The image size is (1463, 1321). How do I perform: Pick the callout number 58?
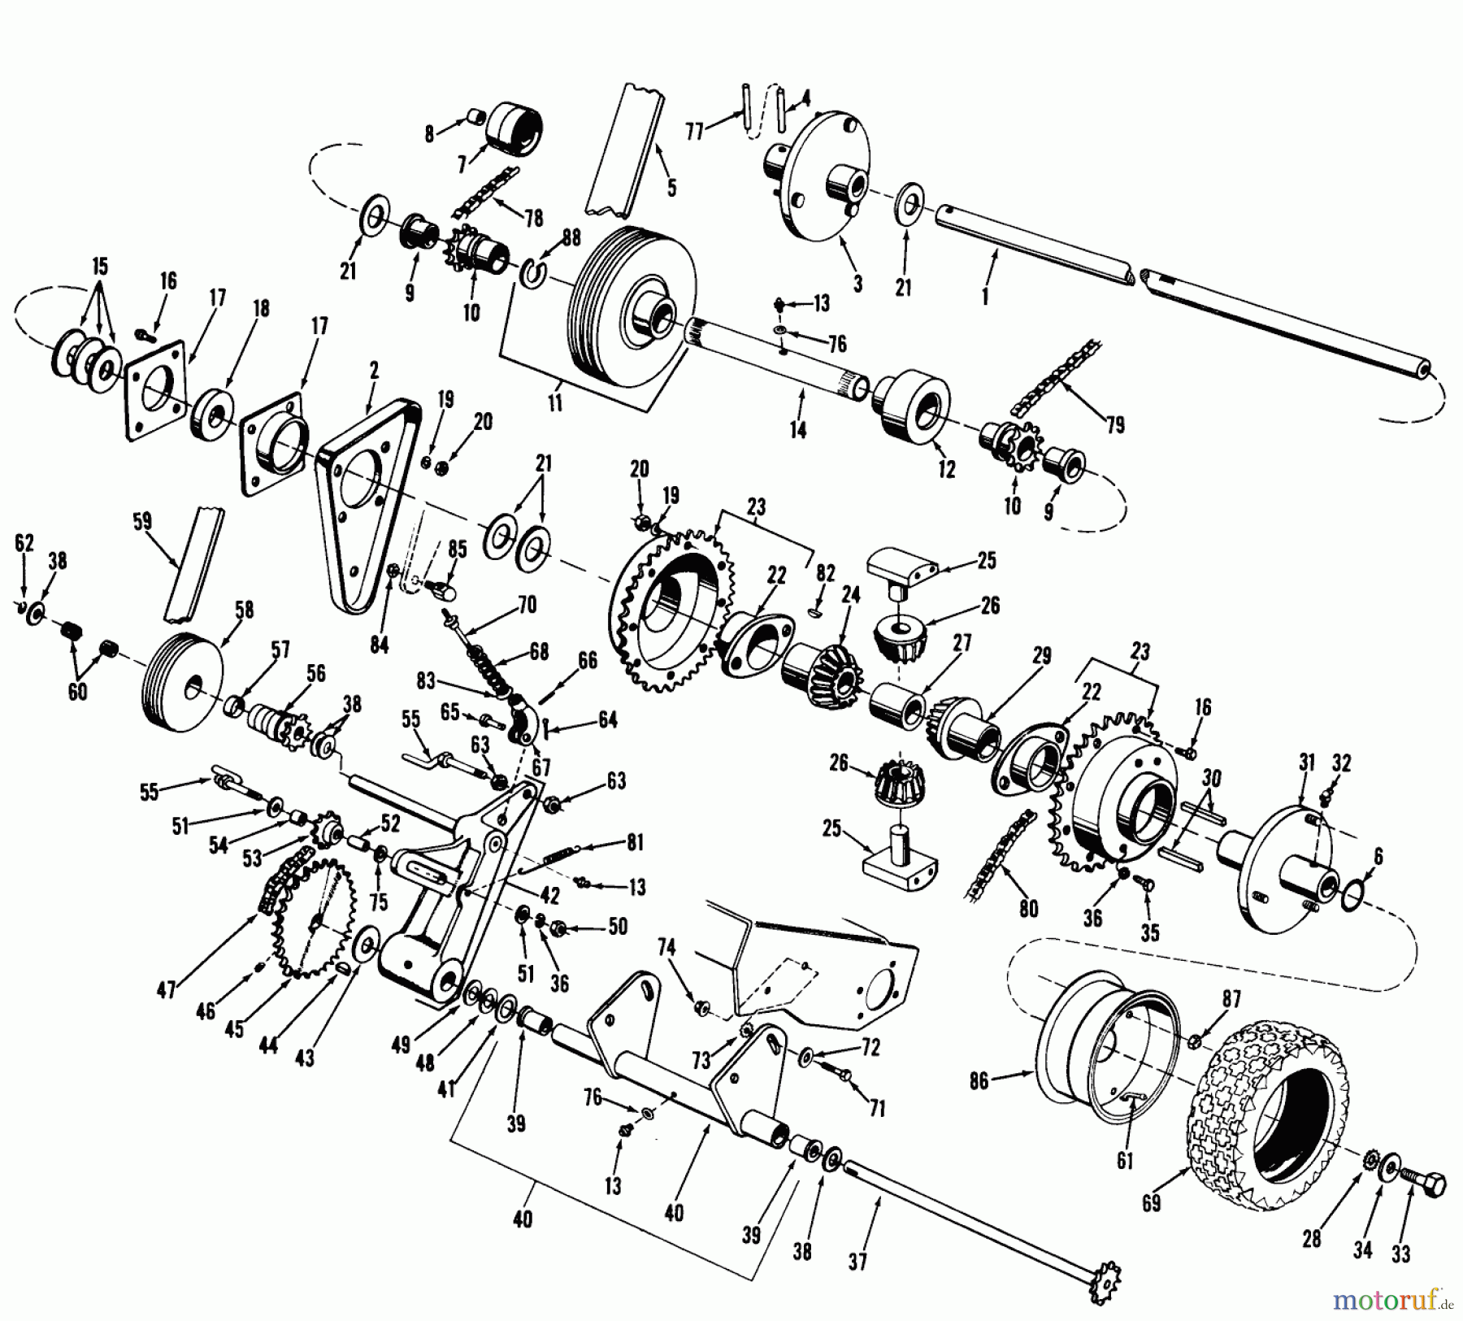click(244, 611)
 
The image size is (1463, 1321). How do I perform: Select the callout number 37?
click(857, 1261)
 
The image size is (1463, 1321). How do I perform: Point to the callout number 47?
click(167, 991)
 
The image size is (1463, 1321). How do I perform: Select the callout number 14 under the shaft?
click(798, 428)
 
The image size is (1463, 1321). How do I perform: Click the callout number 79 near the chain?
click(1115, 424)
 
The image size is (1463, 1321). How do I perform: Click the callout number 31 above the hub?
click(1306, 763)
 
